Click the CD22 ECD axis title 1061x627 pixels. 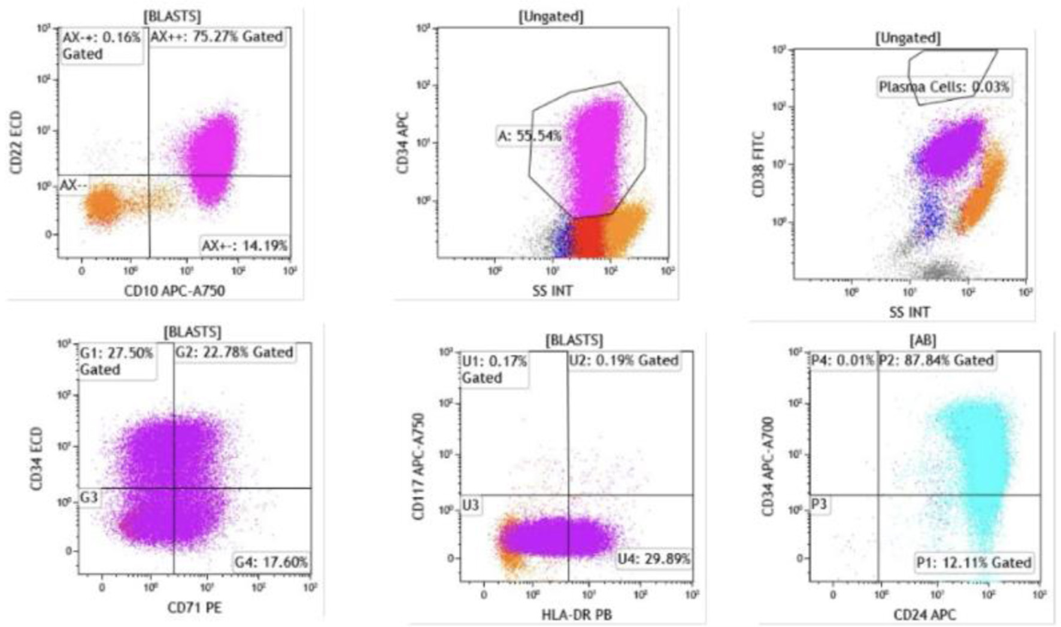pos(16,142)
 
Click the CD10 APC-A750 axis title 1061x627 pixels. pos(175,291)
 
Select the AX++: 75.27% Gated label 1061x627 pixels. pos(216,37)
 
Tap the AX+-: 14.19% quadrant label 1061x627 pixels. pos(244,245)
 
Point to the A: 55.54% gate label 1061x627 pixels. pos(529,136)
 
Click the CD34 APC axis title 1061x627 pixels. pos(403,142)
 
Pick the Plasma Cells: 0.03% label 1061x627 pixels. pos(944,87)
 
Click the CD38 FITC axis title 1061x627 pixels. pos(760,164)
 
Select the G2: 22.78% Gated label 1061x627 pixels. pos(234,352)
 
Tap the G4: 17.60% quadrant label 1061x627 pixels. pos(271,562)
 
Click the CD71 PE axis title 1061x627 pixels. pos(195,608)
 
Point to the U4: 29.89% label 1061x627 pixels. pos(654,559)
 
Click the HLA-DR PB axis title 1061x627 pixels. pos(577,614)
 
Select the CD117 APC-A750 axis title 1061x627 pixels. pos(419,466)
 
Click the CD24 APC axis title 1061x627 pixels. pos(924,614)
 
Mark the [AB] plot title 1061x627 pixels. pos(923,340)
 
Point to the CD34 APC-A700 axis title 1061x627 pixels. pos(769,466)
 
